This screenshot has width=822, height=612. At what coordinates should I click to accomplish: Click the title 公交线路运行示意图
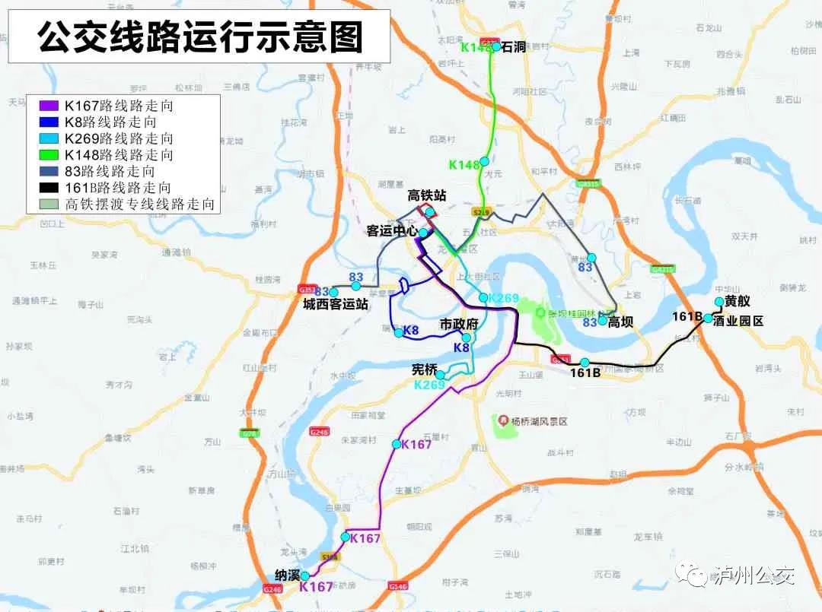(x=200, y=36)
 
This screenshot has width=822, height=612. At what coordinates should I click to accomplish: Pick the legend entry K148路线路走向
(x=118, y=155)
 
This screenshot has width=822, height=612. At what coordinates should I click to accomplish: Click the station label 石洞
(x=515, y=48)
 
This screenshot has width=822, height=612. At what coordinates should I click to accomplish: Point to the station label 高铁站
(x=427, y=196)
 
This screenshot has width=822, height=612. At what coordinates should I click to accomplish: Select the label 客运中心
(x=393, y=231)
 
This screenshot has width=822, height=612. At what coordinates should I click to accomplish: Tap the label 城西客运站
(x=336, y=305)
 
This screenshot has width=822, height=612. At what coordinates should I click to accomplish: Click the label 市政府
(x=459, y=325)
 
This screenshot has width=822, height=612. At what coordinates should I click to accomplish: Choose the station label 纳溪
(x=287, y=576)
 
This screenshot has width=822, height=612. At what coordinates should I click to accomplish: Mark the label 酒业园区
(x=738, y=321)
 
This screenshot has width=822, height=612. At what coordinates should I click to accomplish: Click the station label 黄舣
(x=737, y=302)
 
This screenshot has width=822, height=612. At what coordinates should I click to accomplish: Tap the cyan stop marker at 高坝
(x=602, y=321)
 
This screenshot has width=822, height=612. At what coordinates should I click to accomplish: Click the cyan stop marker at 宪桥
(x=440, y=375)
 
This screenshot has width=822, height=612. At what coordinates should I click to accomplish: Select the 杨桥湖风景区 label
(x=540, y=420)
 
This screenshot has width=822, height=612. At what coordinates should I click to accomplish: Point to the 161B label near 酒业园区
(x=687, y=316)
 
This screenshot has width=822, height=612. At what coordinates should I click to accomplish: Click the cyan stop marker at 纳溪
(x=305, y=576)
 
